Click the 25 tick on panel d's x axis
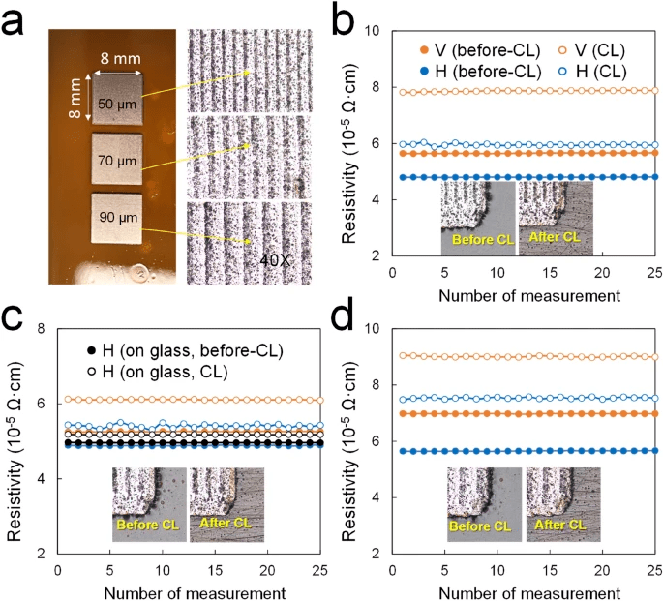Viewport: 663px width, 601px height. pos(653,571)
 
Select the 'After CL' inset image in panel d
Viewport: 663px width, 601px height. pos(562,503)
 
